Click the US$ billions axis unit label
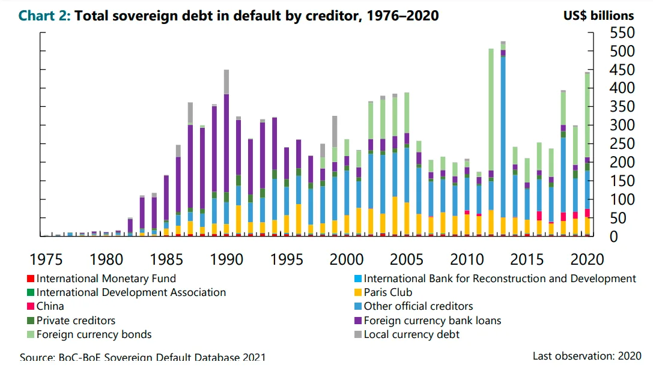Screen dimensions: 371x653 [x=598, y=16]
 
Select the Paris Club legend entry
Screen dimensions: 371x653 [x=387, y=293]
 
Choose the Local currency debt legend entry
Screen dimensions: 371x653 [x=412, y=334]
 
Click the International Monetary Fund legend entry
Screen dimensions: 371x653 [x=106, y=279]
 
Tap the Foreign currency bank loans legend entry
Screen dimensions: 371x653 [x=433, y=321]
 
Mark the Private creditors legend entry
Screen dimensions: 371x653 [x=76, y=321]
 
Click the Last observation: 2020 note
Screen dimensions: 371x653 [x=586, y=356]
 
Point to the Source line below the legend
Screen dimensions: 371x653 [x=142, y=357]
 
